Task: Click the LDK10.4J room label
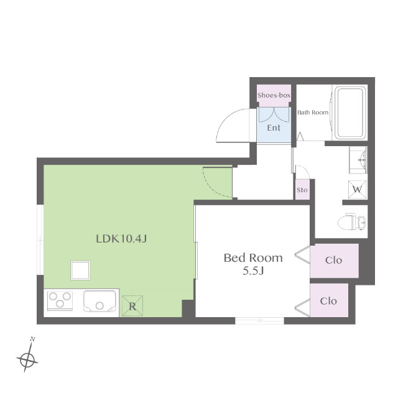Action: pyautogui.click(x=121, y=239)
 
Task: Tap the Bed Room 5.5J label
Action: pyautogui.click(x=253, y=264)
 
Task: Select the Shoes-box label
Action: pyautogui.click(x=274, y=95)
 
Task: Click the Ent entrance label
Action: pyautogui.click(x=274, y=127)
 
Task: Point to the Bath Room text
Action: pyautogui.click(x=313, y=113)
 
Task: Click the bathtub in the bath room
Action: pyautogui.click(x=349, y=113)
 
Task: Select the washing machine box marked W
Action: pyautogui.click(x=357, y=189)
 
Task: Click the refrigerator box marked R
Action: pyautogui.click(x=132, y=306)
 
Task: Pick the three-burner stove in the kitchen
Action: pyautogui.click(x=60, y=300)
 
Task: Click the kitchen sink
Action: pyautogui.click(x=99, y=301)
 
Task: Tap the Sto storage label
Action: pyautogui.click(x=302, y=190)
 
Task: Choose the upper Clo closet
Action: pyautogui.click(x=334, y=261)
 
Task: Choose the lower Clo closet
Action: pyautogui.click(x=329, y=300)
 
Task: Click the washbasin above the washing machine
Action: pyautogui.click(x=358, y=160)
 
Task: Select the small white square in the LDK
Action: pyautogui.click(x=80, y=271)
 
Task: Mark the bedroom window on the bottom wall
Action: pyautogui.click(x=259, y=321)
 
